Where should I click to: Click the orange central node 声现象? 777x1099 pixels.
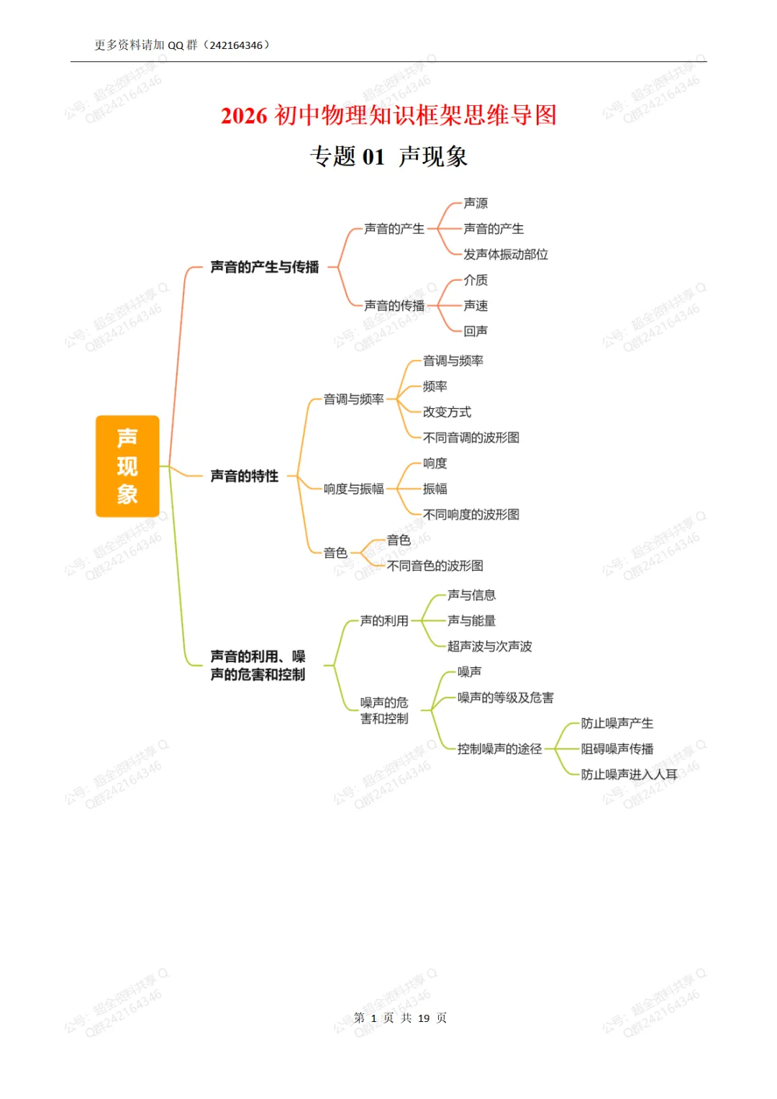127,466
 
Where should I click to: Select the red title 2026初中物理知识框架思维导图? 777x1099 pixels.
388,115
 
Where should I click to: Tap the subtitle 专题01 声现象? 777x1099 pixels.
388,156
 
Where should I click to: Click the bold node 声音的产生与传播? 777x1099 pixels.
264,267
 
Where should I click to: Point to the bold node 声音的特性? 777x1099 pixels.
244,476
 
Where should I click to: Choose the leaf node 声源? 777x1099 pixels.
476,204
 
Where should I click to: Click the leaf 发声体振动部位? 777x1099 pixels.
505,255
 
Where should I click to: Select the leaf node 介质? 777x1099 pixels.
476,280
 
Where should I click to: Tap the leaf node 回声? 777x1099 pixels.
476,331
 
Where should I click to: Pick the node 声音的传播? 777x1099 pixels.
394,306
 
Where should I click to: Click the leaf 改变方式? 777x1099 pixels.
447,412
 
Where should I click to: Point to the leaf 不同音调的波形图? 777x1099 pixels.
471,438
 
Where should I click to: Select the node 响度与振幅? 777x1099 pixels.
353,489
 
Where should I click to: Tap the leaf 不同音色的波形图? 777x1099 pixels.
435,566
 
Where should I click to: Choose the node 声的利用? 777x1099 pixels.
384,620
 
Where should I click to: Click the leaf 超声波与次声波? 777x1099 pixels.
489,646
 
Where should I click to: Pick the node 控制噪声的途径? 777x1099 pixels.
499,749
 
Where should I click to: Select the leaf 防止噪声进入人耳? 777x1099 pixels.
629,774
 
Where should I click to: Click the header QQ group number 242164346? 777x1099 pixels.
236,45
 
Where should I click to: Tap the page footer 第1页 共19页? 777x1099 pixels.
400,1018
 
